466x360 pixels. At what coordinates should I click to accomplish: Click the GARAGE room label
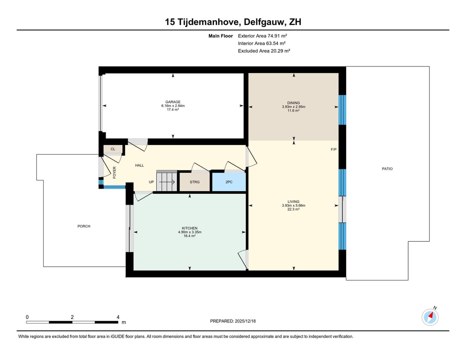[173, 102]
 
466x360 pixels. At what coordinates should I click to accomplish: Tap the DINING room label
[293, 103]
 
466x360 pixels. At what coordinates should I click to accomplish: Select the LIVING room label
[293, 202]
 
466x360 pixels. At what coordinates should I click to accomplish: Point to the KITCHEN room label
[189, 228]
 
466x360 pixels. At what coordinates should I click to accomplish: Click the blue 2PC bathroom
[229, 182]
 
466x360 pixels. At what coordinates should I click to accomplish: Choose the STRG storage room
[195, 182]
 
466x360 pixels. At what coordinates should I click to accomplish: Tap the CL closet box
[113, 149]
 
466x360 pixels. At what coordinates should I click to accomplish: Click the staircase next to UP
[167, 181]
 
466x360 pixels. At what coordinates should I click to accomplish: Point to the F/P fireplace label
[334, 149]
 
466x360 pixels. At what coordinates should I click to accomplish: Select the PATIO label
[387, 169]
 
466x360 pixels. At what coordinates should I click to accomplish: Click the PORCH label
[84, 226]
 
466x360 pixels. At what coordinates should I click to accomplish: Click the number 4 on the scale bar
[118, 317]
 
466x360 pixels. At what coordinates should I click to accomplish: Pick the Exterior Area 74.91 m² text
[262, 36]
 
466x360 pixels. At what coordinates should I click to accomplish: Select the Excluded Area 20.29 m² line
[264, 51]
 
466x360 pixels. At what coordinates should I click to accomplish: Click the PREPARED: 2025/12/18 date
[233, 321]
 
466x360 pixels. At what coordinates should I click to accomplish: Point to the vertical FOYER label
[114, 172]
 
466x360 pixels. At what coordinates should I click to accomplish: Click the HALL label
[139, 165]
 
